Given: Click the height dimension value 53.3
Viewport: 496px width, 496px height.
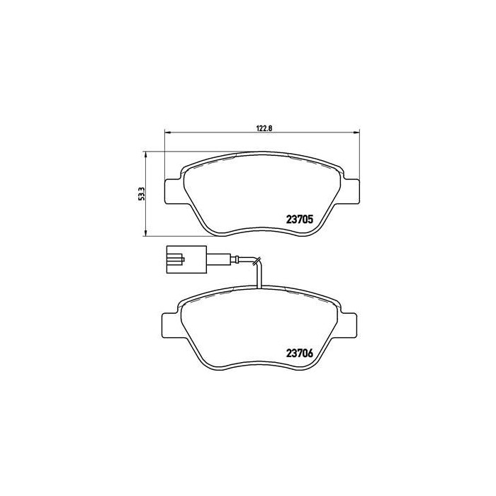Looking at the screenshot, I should [x=141, y=193].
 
